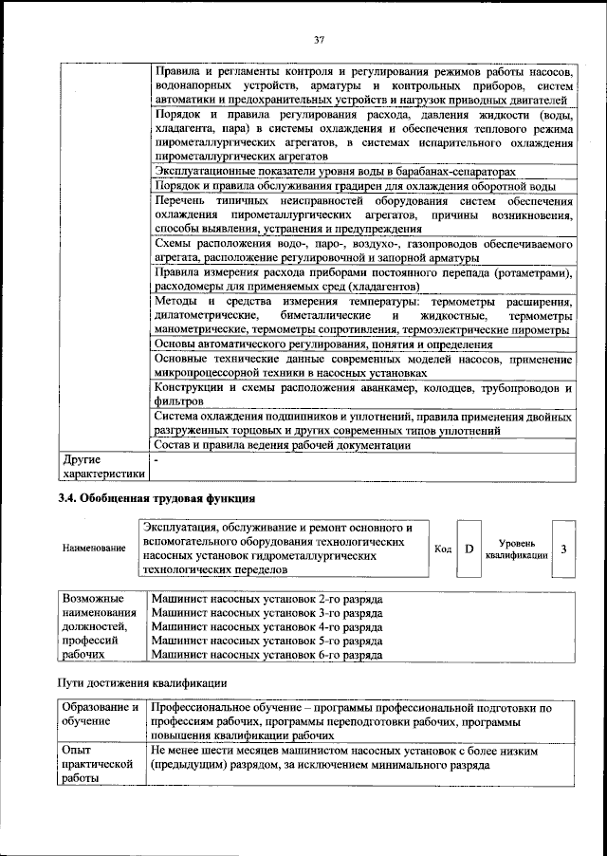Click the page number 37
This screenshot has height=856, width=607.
point(320,39)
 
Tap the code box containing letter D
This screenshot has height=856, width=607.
point(469,549)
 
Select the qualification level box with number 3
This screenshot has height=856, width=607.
point(563,549)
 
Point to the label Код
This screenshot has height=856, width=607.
point(442,549)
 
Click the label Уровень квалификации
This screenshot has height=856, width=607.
point(516,549)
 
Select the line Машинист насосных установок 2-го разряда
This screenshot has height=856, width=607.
point(267,601)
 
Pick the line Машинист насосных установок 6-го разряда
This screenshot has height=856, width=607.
point(267,655)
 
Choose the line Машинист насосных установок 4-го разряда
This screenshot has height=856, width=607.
point(267,627)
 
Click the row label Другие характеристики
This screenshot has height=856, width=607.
point(102,465)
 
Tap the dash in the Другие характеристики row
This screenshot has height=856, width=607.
point(156,459)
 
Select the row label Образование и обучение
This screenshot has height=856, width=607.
point(100,715)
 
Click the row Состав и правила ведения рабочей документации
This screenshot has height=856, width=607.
point(282,445)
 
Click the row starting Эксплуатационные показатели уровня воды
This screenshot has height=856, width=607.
point(334,171)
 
